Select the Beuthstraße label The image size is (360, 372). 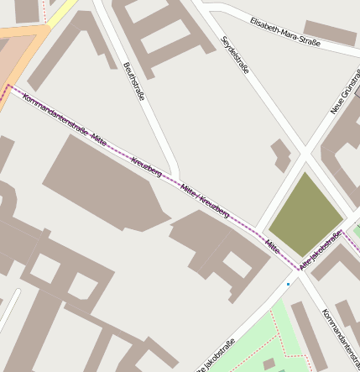pyautogui.click(x=133, y=81)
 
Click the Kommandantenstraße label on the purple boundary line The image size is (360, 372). pyautogui.click(x=55, y=115)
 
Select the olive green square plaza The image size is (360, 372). pyautogui.click(x=304, y=214)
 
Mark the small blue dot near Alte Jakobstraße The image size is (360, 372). pyautogui.click(x=288, y=284)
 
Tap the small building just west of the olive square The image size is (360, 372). pyautogui.click(x=280, y=155)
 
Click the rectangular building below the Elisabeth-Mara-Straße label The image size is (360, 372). pyautogui.click(x=329, y=34)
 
